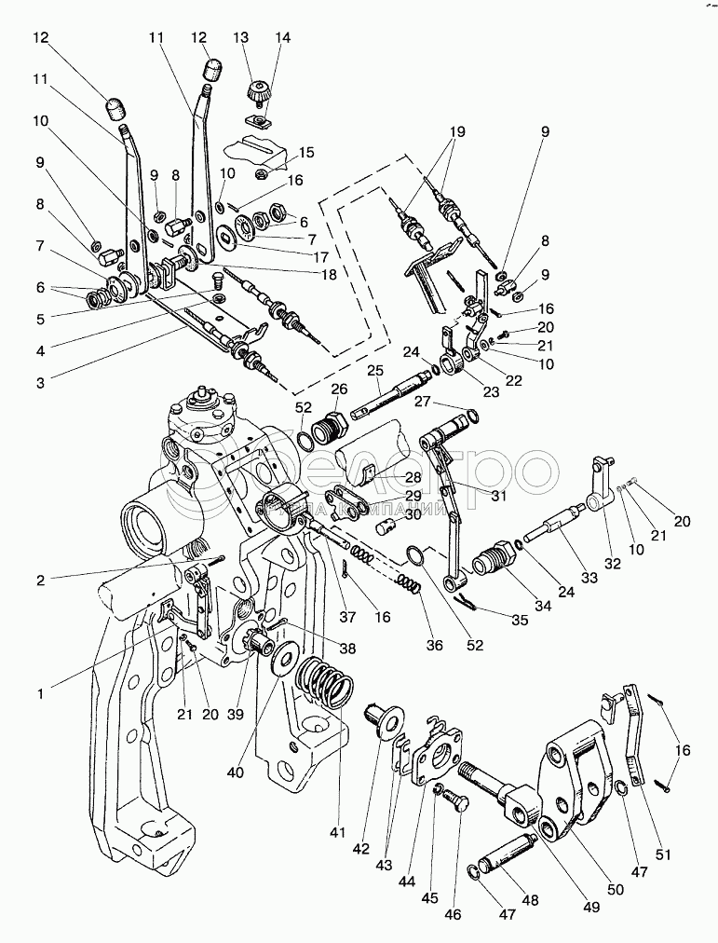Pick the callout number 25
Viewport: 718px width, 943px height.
375,371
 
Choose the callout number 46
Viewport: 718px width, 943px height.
453,915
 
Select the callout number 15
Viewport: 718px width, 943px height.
306,151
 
